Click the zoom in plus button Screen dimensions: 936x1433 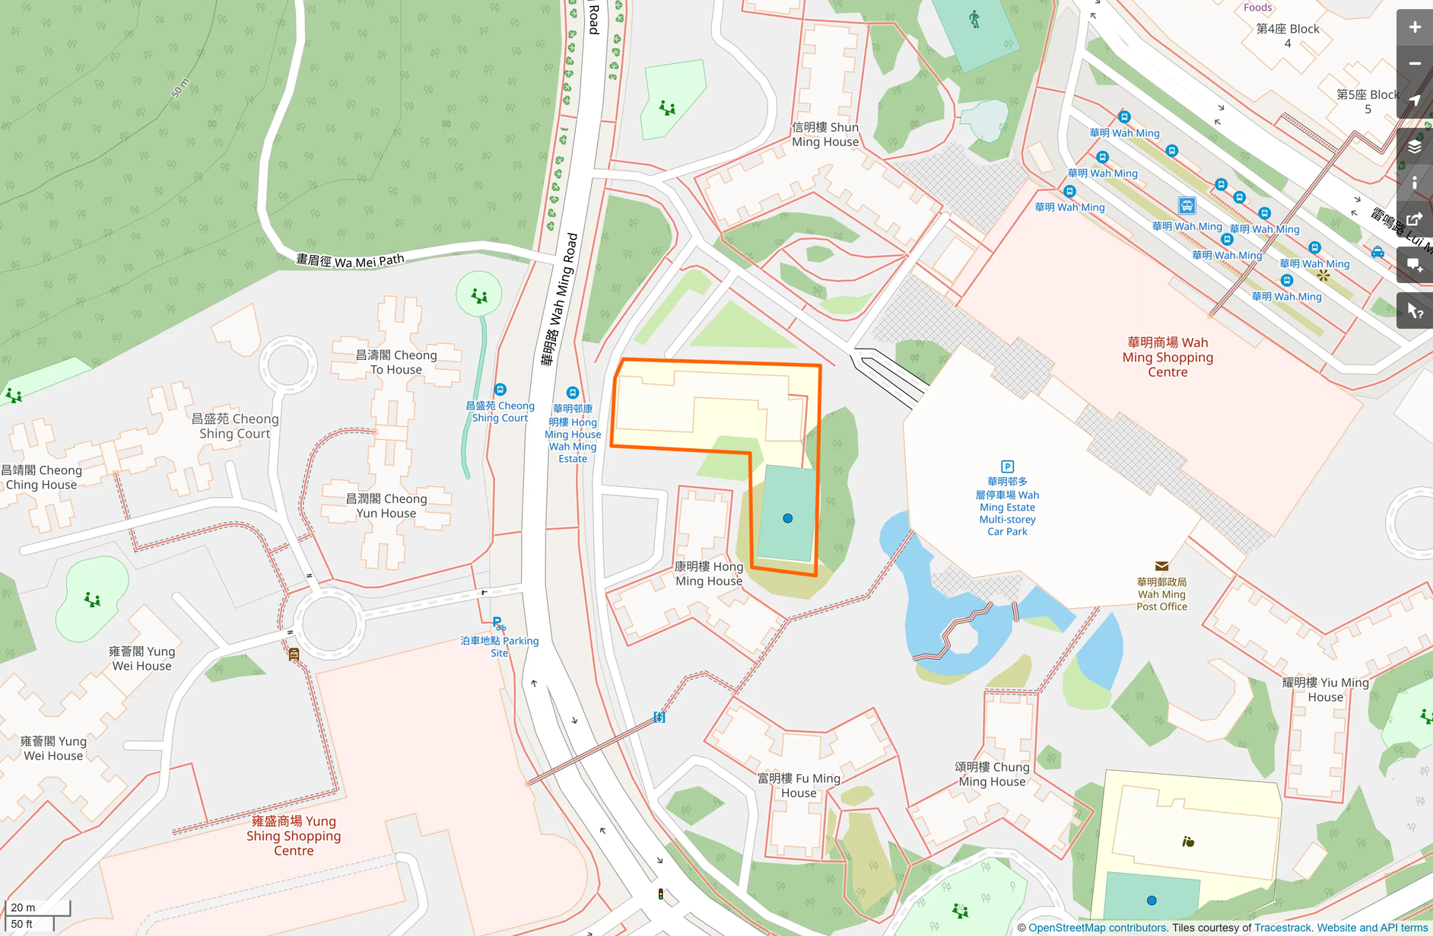[1414, 27]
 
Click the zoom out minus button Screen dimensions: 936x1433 [1414, 64]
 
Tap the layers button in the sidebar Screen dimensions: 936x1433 [1414, 146]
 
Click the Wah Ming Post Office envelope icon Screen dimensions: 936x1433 [1161, 566]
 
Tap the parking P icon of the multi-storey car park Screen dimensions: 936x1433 [1007, 466]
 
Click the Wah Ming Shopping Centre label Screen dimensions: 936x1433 [1168, 357]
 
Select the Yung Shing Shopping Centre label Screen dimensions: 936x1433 [294, 836]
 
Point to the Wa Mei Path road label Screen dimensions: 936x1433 [350, 261]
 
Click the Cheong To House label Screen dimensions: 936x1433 [396, 362]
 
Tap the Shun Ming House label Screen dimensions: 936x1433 [825, 135]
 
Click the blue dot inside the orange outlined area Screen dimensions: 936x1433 [788, 518]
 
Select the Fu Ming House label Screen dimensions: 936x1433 [799, 785]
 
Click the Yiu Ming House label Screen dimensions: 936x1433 [1325, 689]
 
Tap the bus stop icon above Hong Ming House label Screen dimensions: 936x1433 [573, 393]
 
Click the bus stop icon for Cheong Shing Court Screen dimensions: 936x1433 [500, 390]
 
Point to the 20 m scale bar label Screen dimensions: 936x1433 [23, 907]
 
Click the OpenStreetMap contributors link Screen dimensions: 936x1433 [1097, 928]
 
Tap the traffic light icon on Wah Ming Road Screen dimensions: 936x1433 [660, 894]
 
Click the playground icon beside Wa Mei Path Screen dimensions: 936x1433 [479, 295]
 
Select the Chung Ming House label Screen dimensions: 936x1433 [992, 774]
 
